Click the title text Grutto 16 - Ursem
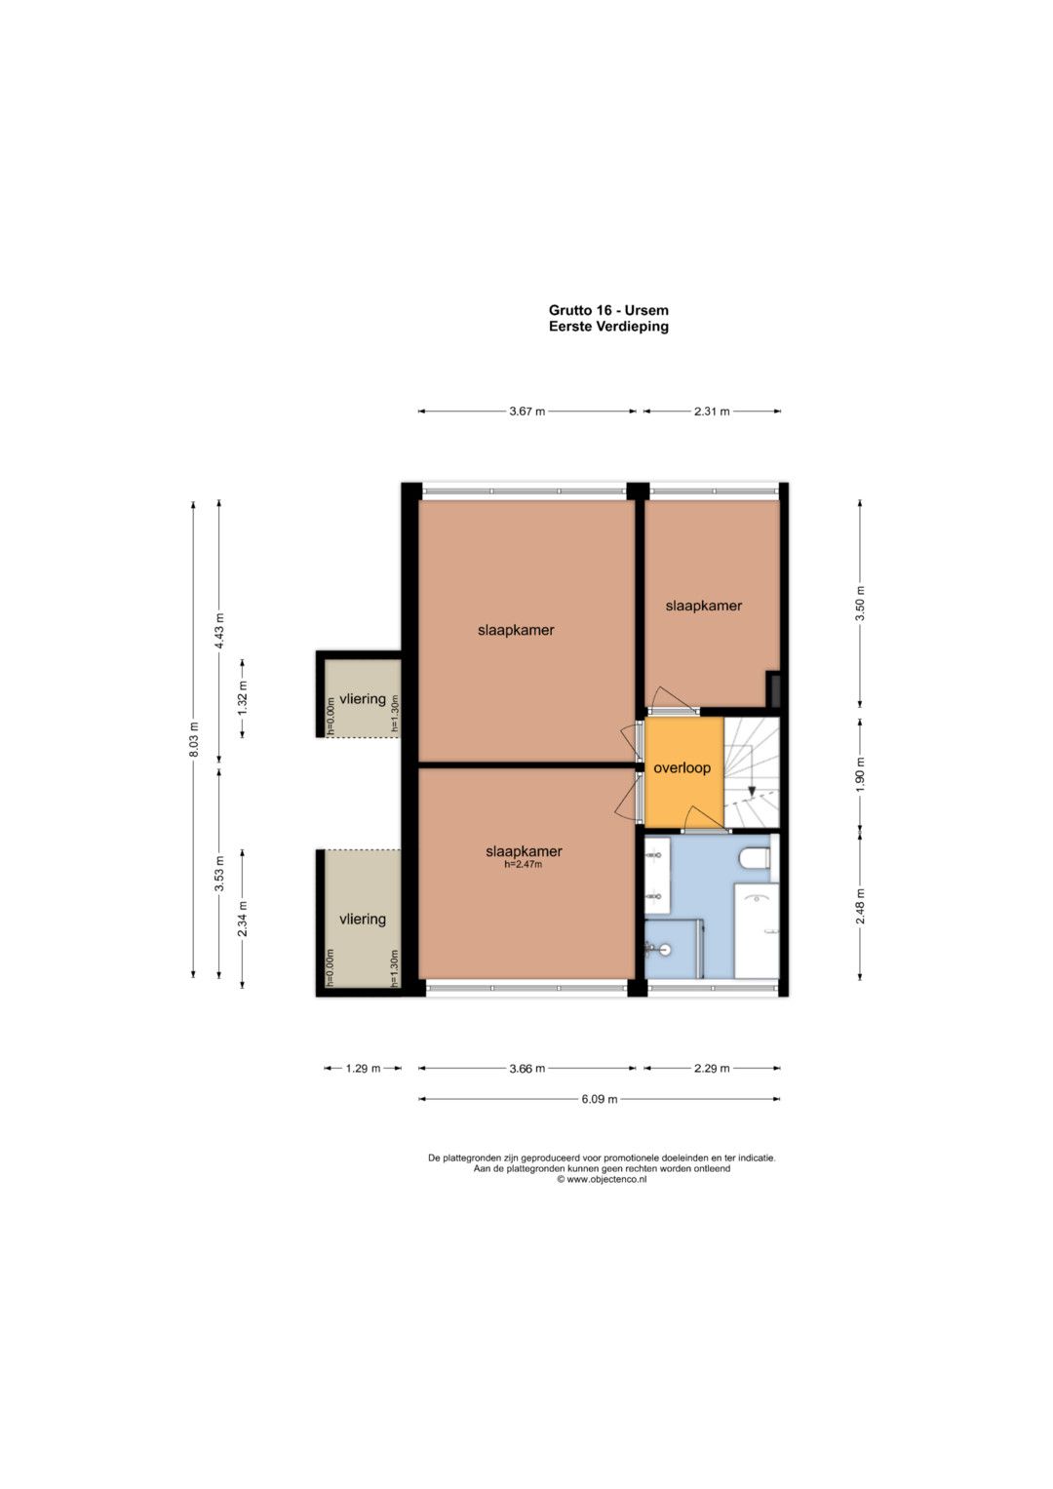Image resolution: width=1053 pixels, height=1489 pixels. click(x=608, y=310)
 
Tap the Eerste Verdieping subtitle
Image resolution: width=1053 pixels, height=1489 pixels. click(x=608, y=327)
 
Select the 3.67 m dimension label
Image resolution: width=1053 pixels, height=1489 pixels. click(x=527, y=411)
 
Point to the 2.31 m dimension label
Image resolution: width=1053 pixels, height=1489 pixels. click(x=712, y=411)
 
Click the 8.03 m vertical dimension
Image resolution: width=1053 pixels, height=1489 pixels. click(x=193, y=739)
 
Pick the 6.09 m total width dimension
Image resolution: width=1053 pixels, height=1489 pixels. click(x=600, y=1099)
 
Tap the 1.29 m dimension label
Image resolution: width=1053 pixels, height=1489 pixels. click(x=363, y=1068)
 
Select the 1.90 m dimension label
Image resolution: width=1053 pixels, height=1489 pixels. click(x=860, y=773)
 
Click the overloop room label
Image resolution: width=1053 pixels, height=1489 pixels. click(x=682, y=767)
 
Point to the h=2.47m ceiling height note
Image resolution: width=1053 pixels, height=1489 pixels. click(x=524, y=865)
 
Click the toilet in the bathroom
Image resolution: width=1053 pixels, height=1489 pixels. click(x=756, y=857)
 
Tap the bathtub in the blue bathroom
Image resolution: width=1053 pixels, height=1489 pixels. click(x=757, y=930)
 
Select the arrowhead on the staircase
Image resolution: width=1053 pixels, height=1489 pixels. click(x=752, y=792)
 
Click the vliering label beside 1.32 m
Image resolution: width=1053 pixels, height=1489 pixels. click(x=363, y=698)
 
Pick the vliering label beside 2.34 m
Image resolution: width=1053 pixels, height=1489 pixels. click(x=363, y=919)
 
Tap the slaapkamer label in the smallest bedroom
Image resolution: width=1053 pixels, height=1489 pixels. click(x=703, y=606)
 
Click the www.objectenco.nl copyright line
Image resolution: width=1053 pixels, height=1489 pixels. click(x=602, y=1179)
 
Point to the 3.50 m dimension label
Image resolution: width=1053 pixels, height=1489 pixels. click(x=860, y=604)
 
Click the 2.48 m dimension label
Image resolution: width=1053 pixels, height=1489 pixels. click(x=860, y=906)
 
